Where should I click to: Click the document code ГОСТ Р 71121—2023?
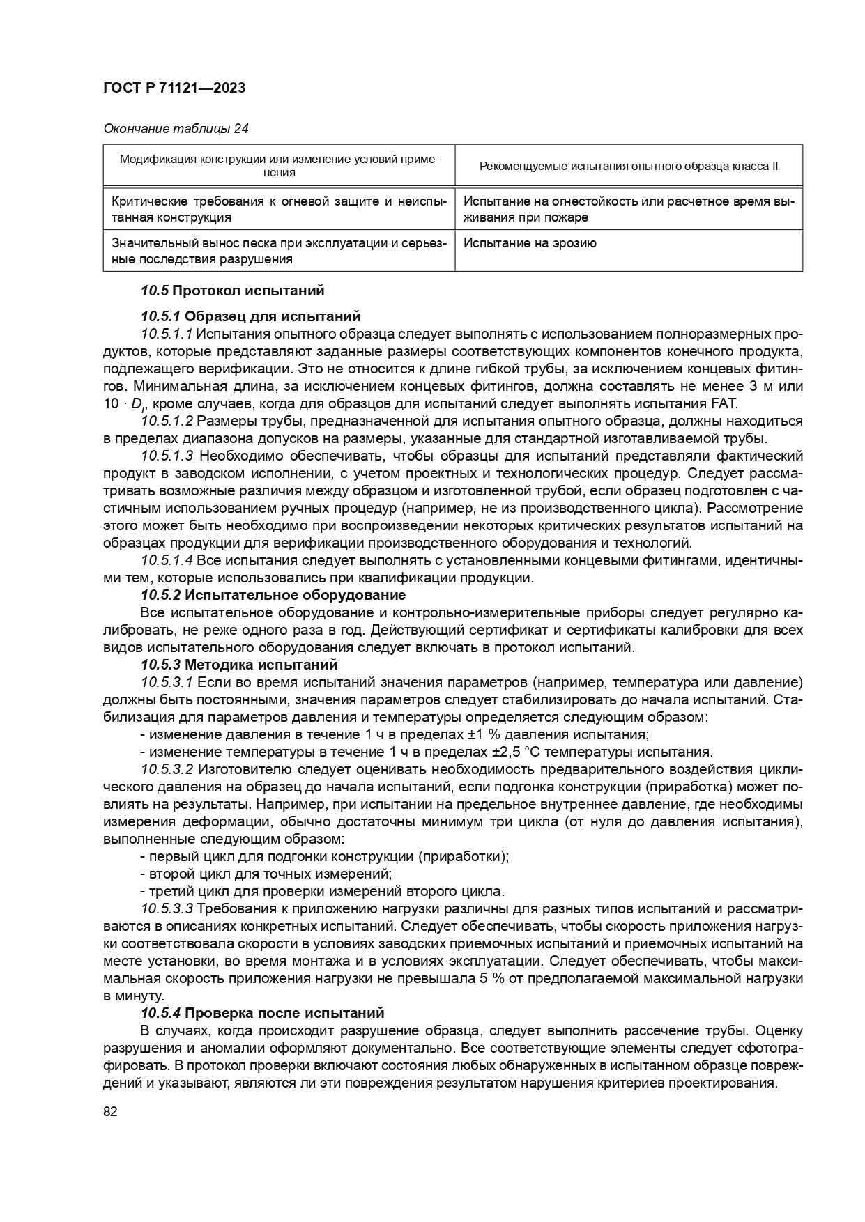tap(174, 88)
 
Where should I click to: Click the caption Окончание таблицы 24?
tap(176, 128)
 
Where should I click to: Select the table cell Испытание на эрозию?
tap(530, 244)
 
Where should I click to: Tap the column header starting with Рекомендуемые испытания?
tap(629, 167)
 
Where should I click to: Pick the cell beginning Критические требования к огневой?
tap(279, 209)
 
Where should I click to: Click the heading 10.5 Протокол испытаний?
tap(232, 291)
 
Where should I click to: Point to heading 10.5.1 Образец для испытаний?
tap(250, 316)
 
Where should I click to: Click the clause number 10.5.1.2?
tap(167, 421)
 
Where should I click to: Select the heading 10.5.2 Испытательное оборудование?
tap(273, 595)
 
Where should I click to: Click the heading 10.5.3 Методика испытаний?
tap(239, 665)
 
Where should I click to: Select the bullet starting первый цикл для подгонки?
tap(324, 856)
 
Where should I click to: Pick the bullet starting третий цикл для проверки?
tap(322, 891)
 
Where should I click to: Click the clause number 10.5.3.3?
tap(167, 908)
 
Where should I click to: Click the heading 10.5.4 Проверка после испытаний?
tap(262, 1013)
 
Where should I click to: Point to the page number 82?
tap(110, 1112)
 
